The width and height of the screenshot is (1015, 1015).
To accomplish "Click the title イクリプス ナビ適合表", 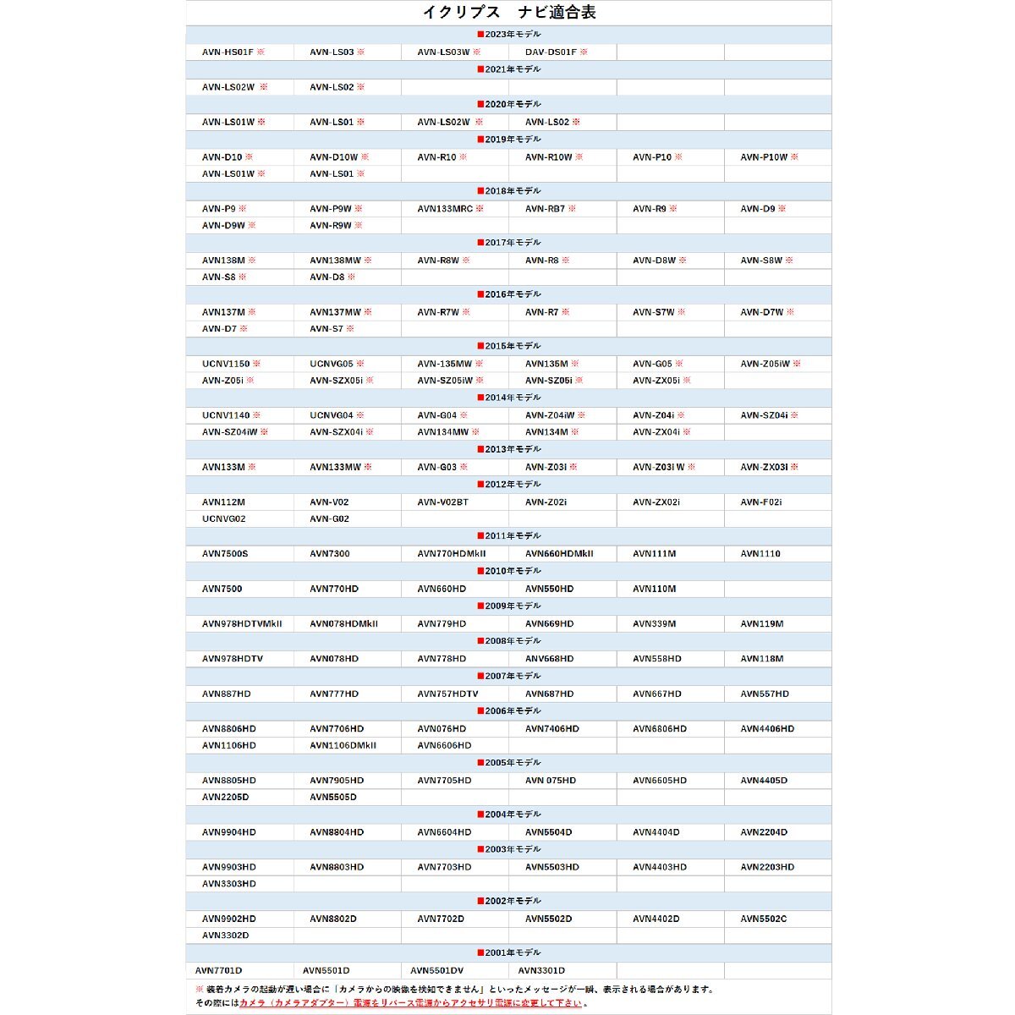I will [508, 14].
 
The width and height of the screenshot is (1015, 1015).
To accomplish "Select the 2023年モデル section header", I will [508, 35].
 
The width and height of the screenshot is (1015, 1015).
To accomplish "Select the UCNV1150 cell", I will [226, 364].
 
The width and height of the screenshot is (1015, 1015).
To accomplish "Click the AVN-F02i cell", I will [761, 502].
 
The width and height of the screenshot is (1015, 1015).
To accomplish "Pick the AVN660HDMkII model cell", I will [559, 554].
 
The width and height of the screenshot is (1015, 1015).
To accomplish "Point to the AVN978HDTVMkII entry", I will [242, 624].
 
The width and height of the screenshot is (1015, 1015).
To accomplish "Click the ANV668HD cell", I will [549, 659].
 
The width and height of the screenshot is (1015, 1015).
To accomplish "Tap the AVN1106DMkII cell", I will [343, 746].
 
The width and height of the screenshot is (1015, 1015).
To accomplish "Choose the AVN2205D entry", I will [225, 798].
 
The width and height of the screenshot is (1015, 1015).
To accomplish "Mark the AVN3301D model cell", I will [541, 971].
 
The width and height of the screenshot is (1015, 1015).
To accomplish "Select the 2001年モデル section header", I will [508, 953].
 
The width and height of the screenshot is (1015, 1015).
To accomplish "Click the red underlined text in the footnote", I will [410, 1003].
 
